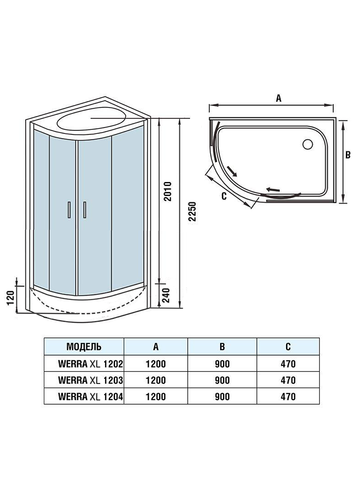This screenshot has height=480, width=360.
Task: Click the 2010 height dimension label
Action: (167, 192)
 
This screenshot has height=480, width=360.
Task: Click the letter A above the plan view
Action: (278, 98)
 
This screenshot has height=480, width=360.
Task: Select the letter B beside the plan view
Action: (348, 155)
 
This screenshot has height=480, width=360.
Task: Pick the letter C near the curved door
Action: (223, 197)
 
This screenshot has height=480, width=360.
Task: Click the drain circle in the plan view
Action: (307, 144)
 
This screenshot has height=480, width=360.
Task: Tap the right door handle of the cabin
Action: (85, 210)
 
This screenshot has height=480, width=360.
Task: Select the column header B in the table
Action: (222, 346)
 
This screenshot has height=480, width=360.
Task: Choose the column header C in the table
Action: (288, 346)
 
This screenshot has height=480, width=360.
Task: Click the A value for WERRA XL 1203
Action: (156, 380)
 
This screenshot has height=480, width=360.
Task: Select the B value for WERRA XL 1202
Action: (222, 364)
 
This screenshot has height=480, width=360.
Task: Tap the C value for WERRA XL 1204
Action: (288, 396)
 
